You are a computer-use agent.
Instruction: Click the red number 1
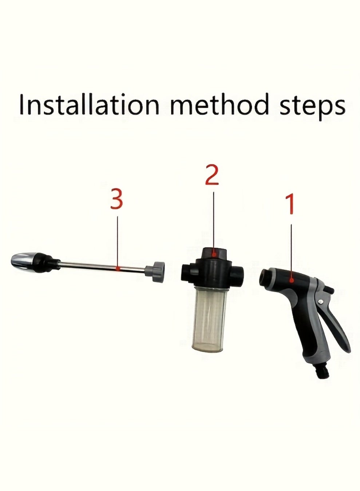pyautogui.click(x=291, y=204)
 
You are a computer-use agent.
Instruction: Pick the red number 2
pyautogui.click(x=212, y=175)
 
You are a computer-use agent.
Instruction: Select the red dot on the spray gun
pyautogui.click(x=292, y=280)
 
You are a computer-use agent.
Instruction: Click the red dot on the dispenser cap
pyautogui.click(x=214, y=255)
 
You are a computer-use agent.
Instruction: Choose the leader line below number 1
pyautogui.click(x=291, y=251)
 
